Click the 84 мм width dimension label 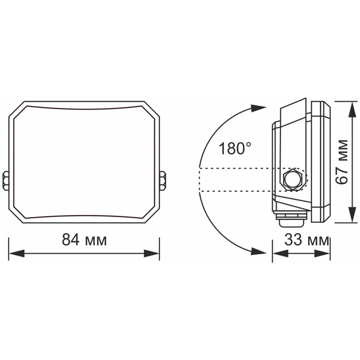[85, 239]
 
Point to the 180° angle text [234, 149]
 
